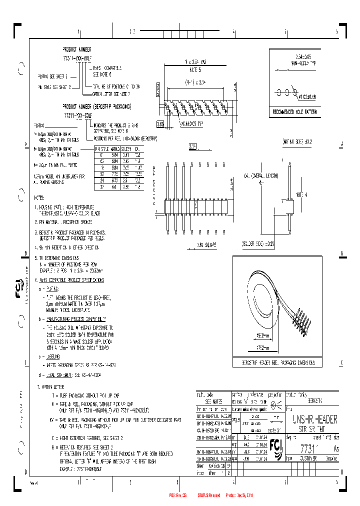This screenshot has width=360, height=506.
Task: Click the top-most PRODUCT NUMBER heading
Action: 77,50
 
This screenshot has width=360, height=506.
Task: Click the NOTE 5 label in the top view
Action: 192,69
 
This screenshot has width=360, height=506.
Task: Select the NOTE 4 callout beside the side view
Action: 300,194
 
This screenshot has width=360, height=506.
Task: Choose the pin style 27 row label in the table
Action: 101,186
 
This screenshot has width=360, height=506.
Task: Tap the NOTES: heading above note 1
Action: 40,198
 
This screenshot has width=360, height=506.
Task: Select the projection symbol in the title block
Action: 273,402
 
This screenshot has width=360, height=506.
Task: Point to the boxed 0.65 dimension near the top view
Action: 160,123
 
